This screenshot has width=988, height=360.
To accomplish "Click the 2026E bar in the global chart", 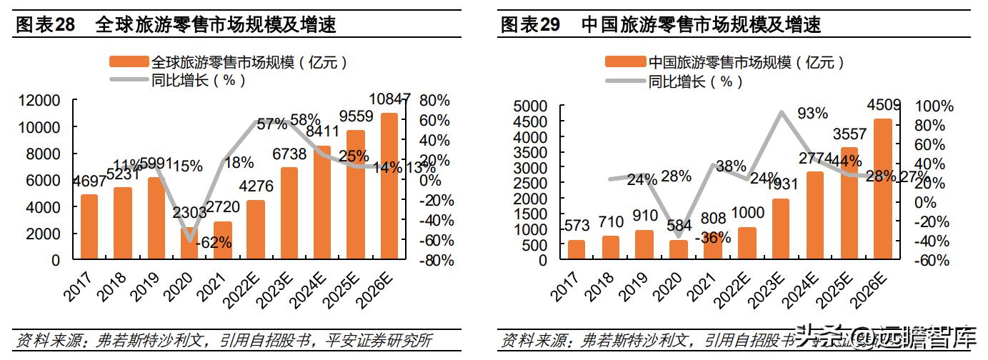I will [x=389, y=186].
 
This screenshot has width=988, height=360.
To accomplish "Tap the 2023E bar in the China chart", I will [x=780, y=229].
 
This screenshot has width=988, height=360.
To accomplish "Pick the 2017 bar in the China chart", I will [x=576, y=249].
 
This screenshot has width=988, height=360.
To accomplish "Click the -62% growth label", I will [x=211, y=242].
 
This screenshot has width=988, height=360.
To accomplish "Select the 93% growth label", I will [x=812, y=113].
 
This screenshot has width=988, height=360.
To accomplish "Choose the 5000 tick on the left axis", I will [x=530, y=106].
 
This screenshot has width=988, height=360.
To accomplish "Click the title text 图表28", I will [x=45, y=25].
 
